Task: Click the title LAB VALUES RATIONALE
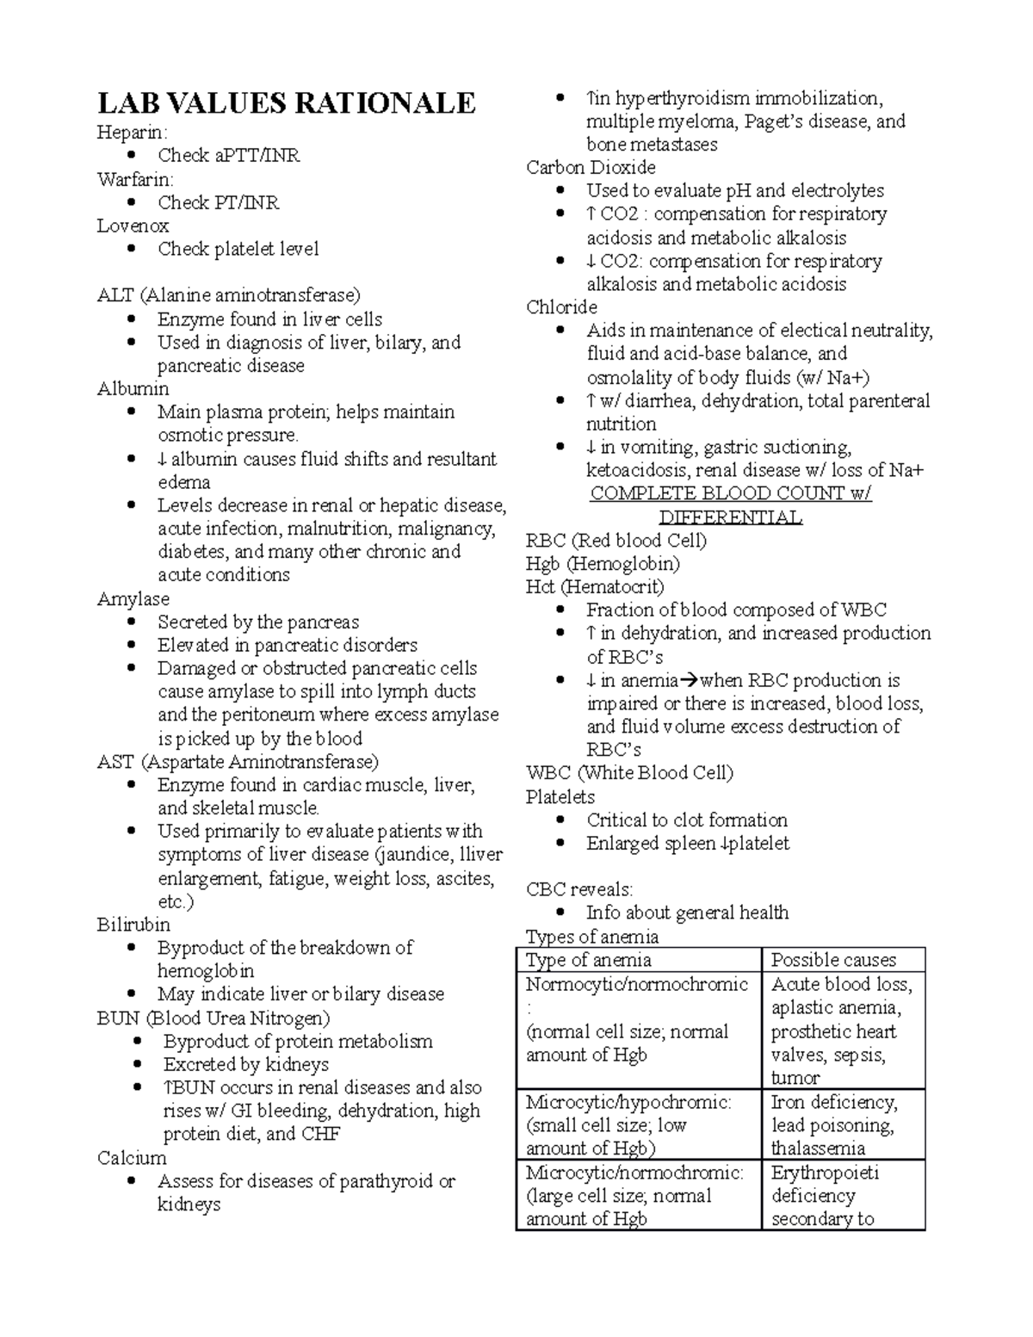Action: coord(286,103)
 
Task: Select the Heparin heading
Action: coord(133,133)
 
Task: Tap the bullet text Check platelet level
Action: coord(238,250)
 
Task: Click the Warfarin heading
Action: coord(135,180)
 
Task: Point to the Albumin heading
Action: coord(133,389)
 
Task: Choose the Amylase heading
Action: coord(133,599)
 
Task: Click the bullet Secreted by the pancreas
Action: coord(257,622)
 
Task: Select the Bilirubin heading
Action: coord(133,925)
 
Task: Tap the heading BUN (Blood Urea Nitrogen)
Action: coord(213,1018)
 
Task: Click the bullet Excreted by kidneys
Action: coord(246,1065)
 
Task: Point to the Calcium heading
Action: coord(132,1159)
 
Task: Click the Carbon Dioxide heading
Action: coord(591,168)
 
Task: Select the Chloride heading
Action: coord(561,307)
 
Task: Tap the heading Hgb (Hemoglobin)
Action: coord(603,564)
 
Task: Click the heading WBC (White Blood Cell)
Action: coord(629,773)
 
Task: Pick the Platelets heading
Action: coord(560,797)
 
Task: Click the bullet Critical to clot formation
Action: coord(686,820)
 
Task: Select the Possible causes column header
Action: coord(833,961)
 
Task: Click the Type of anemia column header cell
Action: coord(589,961)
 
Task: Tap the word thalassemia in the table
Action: coord(818,1149)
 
